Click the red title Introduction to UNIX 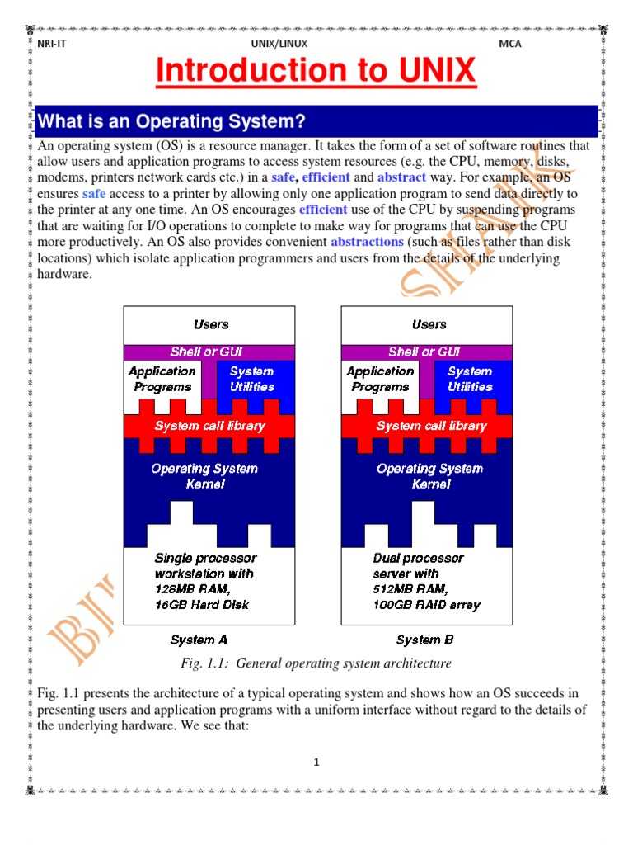coord(316,72)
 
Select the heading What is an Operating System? coord(171,122)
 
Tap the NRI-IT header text coord(51,44)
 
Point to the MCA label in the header coord(510,44)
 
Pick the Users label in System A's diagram coord(211,324)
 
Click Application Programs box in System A coord(162,379)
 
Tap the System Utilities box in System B coord(470,379)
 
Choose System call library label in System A coord(210,426)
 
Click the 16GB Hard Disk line coord(201,604)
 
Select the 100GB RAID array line coord(426,604)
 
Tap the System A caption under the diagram coord(199,640)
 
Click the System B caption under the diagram coord(424,640)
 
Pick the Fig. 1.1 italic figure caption coord(316,663)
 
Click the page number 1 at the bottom coord(316,762)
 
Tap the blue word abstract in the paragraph coord(401,177)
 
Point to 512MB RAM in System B coord(410,589)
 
